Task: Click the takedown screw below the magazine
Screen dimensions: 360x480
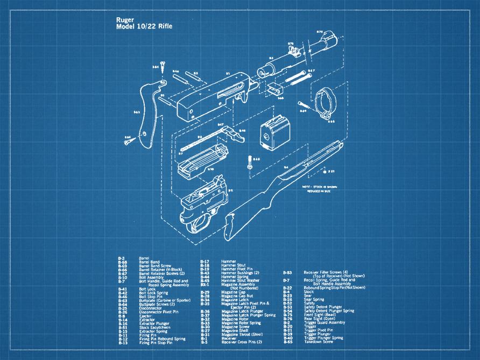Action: (250, 163)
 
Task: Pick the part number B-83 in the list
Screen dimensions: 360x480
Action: (287, 273)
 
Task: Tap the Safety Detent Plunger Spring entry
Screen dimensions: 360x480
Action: (329, 310)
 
